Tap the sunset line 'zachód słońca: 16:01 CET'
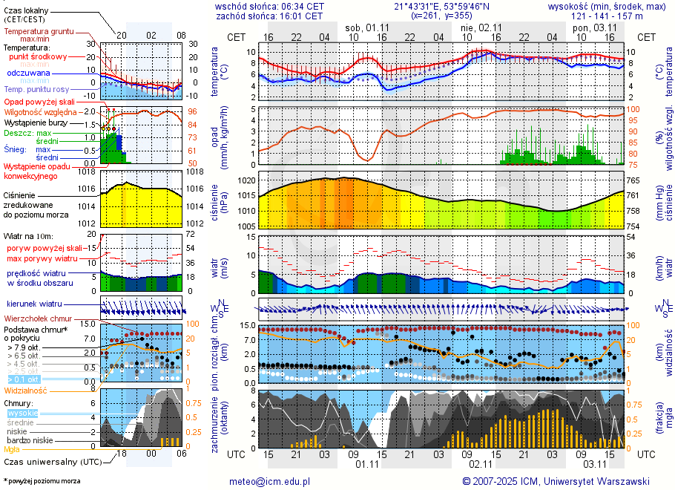click(x=269, y=15)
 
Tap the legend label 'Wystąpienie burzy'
click(x=36, y=122)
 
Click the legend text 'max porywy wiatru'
click(x=42, y=258)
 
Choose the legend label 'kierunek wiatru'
click(x=34, y=304)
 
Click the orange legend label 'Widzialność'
click(x=26, y=390)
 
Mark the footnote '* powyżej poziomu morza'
click(x=42, y=481)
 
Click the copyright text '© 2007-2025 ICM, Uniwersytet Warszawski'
click(x=556, y=481)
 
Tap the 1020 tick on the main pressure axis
click(x=248, y=180)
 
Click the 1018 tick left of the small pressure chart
click(x=89, y=171)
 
